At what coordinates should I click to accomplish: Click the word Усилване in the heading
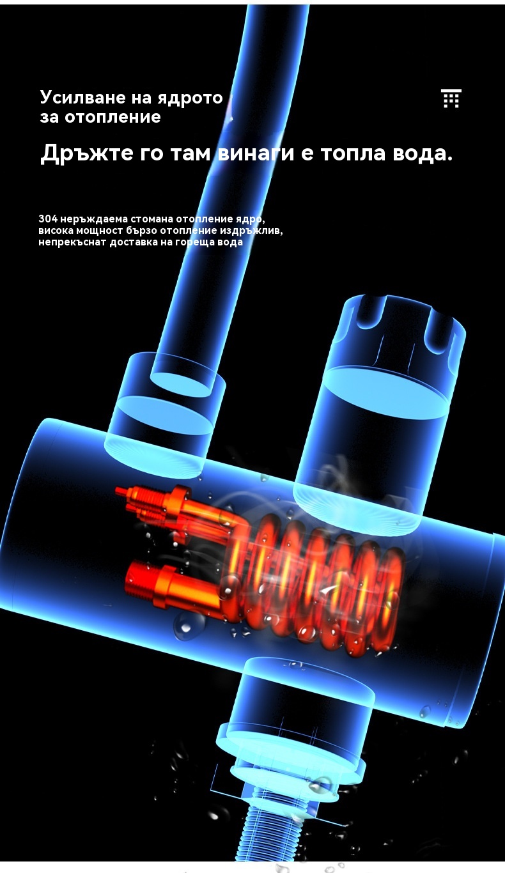82,97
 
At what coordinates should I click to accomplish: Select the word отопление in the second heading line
113,117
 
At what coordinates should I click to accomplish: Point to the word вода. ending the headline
423,152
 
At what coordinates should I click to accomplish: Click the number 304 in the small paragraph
48,219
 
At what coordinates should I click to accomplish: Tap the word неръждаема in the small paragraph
94,219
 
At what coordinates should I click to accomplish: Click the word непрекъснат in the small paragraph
72,242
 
